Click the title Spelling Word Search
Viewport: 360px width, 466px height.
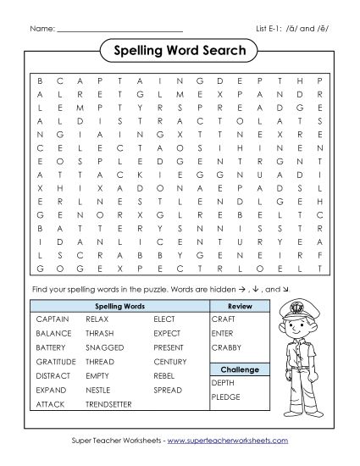(x=180, y=51)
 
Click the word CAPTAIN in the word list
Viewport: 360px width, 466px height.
(x=53, y=319)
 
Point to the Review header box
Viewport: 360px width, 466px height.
(x=240, y=305)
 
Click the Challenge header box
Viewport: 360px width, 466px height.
(x=240, y=369)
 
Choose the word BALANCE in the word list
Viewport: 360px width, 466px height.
(x=53, y=334)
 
